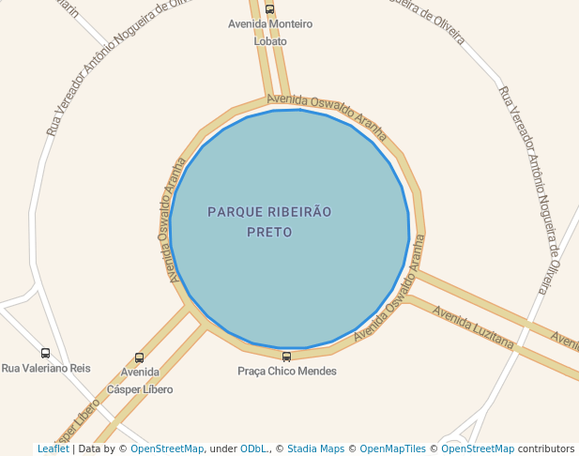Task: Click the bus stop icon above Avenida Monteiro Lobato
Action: click(x=270, y=9)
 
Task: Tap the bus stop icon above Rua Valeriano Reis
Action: click(x=45, y=354)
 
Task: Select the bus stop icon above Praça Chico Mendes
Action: click(x=286, y=357)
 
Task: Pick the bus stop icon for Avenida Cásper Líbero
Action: click(x=140, y=357)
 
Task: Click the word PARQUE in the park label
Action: click(x=235, y=213)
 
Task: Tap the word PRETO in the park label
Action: click(x=269, y=232)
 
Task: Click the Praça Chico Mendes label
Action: click(x=286, y=372)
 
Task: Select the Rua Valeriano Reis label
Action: click(x=46, y=369)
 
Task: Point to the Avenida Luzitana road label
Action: click(x=474, y=327)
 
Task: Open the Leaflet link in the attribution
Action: click(x=53, y=449)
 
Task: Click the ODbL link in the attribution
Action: click(x=253, y=449)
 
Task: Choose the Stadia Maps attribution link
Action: click(x=315, y=449)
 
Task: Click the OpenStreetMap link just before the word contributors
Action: click(x=478, y=449)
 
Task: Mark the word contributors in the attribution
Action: click(x=546, y=449)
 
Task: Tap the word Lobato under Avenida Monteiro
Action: click(x=270, y=41)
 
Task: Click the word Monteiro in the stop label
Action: click(x=290, y=24)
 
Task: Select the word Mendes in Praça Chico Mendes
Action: click(x=316, y=372)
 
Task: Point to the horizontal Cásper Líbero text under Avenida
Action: click(x=140, y=388)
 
